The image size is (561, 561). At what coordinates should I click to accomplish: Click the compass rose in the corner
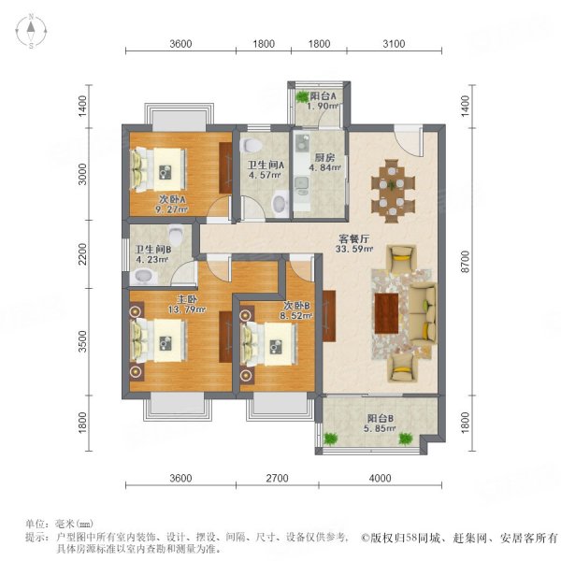[x=31, y=31]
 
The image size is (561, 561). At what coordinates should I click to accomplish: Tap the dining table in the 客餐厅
[x=392, y=192]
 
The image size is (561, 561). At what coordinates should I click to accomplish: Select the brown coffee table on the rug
[x=386, y=313]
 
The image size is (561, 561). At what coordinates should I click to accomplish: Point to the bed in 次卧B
[x=269, y=344]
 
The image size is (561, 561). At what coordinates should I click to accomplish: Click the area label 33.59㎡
[x=354, y=249]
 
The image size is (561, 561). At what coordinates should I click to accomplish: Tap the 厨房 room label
[x=324, y=157]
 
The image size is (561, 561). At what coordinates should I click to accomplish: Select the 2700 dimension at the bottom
[x=278, y=478]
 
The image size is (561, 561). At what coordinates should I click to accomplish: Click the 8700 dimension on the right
[x=465, y=262]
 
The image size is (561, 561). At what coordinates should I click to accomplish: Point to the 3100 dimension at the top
[x=394, y=44]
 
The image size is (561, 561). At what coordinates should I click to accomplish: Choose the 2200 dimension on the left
[x=82, y=254]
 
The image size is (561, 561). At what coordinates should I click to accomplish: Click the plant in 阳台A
[x=302, y=96]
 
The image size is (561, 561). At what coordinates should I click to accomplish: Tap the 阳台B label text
[x=381, y=418]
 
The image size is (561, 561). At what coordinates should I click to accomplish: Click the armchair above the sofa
[x=402, y=257]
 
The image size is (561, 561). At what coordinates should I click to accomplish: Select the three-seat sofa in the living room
[x=423, y=313]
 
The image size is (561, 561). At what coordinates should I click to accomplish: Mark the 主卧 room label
[x=187, y=299]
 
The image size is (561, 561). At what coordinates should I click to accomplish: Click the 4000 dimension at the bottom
[x=380, y=478]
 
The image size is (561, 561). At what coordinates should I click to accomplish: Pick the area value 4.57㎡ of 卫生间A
[x=265, y=176]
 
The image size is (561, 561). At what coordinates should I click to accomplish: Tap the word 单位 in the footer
[x=36, y=525]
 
